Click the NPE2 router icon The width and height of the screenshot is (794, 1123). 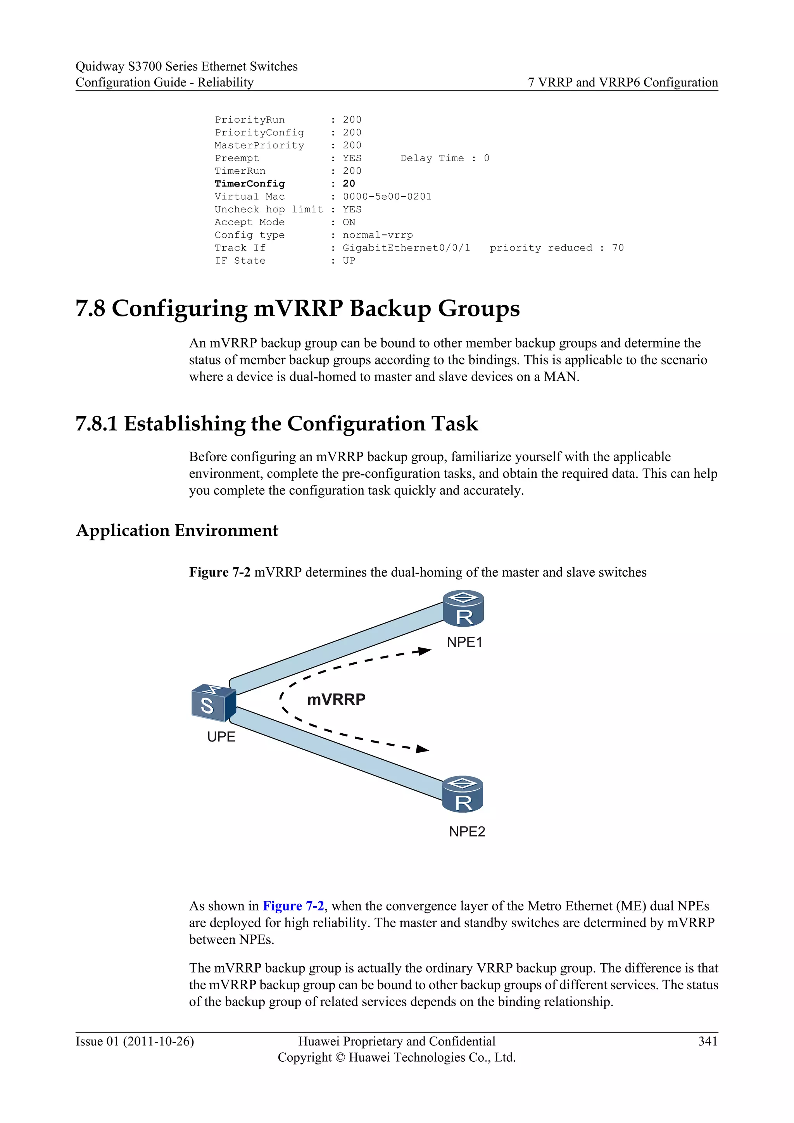pos(463,794)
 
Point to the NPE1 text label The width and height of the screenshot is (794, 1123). pos(464,642)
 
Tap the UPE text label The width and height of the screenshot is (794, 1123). pos(221,737)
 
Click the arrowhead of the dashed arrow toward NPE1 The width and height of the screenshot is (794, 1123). pos(425,651)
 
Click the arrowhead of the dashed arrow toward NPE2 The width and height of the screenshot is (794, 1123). pos(423,749)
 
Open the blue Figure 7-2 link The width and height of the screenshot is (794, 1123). pos(293,906)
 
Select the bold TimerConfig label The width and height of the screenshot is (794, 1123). pos(250,184)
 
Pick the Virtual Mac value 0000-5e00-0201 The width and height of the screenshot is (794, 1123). pos(387,197)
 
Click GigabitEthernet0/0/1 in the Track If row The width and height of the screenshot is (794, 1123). pos(406,248)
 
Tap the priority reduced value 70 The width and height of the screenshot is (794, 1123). pos(618,248)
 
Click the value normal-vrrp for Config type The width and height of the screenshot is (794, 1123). pos(378,235)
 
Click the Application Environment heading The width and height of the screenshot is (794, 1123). pos(178,531)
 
